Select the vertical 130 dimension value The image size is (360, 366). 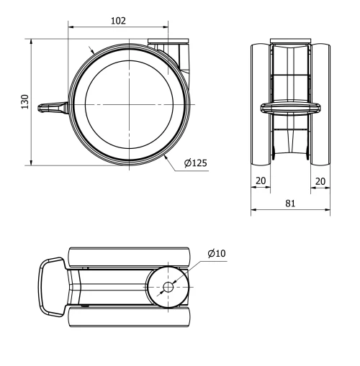(x=24, y=102)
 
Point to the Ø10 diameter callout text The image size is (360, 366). (x=216, y=253)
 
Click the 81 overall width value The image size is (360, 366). (x=290, y=203)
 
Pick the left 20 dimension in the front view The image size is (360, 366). (x=260, y=182)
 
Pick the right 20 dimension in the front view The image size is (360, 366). (x=320, y=182)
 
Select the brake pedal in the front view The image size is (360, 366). (x=290, y=107)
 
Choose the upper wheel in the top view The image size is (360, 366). (x=130, y=257)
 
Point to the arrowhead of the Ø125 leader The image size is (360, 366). (x=165, y=155)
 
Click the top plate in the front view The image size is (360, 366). (x=290, y=40)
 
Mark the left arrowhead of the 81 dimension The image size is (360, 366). (x=253, y=211)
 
